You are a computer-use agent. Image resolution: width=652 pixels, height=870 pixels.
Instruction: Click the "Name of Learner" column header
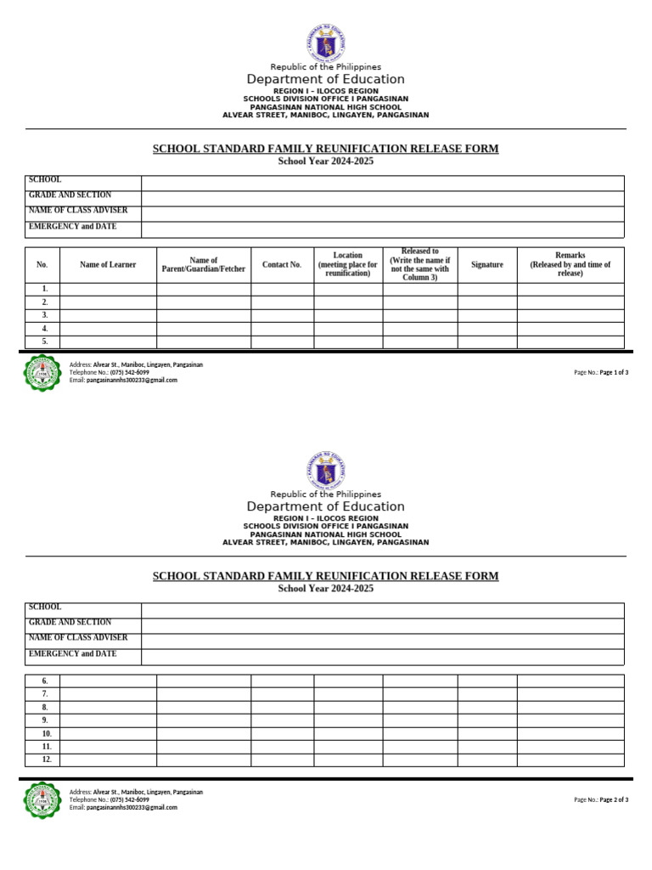108,265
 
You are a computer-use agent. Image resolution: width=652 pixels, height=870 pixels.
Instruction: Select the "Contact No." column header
282,265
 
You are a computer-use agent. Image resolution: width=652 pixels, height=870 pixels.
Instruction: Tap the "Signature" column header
487,265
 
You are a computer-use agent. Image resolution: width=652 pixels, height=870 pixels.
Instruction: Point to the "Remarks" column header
570,264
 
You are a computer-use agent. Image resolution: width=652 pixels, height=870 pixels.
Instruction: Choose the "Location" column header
348,264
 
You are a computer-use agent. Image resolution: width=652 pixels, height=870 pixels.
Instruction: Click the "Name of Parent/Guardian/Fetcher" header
204,265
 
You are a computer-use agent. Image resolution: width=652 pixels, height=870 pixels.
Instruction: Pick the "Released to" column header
420,264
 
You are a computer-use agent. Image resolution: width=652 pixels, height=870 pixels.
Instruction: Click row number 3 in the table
45,315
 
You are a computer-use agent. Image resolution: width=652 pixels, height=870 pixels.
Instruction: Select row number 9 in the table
45,720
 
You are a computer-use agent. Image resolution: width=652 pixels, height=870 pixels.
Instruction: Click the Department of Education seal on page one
326,43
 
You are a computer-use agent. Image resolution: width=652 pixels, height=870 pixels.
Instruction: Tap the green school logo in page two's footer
42,799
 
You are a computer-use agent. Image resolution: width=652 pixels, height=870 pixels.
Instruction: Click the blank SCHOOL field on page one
382,184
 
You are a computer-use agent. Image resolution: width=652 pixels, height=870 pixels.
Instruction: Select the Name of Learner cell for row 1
108,290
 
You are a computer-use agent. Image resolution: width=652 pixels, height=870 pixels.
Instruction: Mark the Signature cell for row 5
487,342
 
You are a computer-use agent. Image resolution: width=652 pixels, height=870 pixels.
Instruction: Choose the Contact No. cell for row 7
282,694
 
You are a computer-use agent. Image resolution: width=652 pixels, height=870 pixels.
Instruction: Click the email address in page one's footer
132,381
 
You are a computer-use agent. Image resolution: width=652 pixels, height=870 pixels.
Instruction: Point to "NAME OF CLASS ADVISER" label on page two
78,637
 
